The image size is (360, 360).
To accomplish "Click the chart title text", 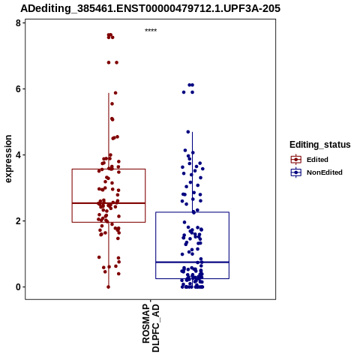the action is tap(150, 8).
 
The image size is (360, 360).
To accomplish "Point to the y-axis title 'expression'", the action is tap(8, 159).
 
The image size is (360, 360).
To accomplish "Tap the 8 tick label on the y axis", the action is tap(18, 23).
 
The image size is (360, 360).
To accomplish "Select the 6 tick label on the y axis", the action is tap(18, 89).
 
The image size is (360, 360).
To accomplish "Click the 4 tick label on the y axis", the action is tap(18, 155).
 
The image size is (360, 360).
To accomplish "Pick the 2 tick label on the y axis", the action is tap(18, 221).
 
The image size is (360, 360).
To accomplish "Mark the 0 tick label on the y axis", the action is tap(18, 287).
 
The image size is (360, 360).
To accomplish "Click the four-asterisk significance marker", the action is tap(151, 31).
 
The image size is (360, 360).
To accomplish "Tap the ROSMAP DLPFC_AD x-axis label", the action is tap(151, 328).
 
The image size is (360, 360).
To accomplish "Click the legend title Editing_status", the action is tap(320, 145).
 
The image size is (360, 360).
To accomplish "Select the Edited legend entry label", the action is tap(317, 160).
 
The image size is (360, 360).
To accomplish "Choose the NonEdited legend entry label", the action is tap(325, 172).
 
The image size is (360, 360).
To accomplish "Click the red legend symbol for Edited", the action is tap(296, 159).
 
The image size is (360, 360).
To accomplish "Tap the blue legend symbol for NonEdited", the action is tap(296, 172).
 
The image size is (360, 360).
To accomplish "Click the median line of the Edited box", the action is tap(109, 203).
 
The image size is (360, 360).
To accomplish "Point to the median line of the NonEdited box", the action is tap(192, 262).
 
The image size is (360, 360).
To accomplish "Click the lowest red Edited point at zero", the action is tap(108, 287).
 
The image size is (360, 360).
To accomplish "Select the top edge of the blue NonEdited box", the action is tap(192, 212).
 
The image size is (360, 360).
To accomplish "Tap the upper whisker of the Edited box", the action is tap(109, 131).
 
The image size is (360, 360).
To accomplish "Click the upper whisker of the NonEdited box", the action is tap(192, 172).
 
